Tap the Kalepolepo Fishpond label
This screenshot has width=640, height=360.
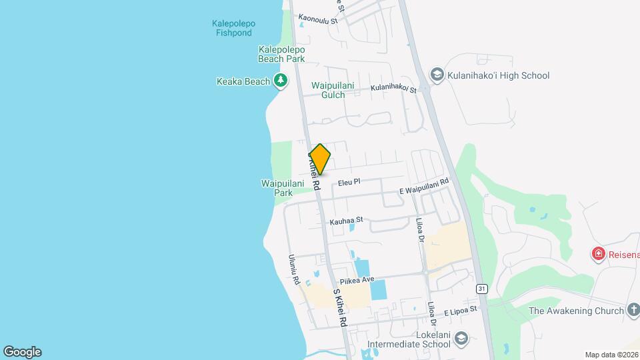tap(233, 28)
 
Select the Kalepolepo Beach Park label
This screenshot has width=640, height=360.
tap(281, 54)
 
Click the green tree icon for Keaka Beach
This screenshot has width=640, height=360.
tap(281, 81)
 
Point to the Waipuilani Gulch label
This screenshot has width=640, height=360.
tap(328, 90)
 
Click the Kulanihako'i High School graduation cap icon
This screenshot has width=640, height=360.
tap(437, 75)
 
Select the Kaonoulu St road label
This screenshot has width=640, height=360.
tap(319, 20)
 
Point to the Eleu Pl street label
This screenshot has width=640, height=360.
tap(349, 181)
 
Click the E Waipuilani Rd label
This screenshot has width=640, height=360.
tap(424, 187)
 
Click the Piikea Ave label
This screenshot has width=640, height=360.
tap(358, 280)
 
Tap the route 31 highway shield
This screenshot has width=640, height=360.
tap(481, 288)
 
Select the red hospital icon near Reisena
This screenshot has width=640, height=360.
tap(598, 254)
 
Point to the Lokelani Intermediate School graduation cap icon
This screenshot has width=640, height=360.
tap(460, 339)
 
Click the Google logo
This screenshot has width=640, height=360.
tap(22, 352)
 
